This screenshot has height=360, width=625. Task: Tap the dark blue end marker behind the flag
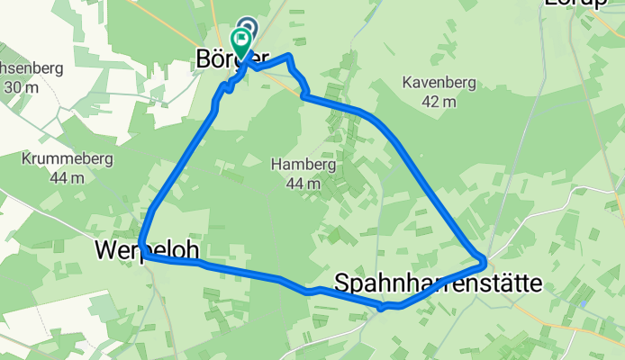[248, 29]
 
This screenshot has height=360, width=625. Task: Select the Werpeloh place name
[146, 248]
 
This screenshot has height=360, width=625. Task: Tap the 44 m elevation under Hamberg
[302, 183]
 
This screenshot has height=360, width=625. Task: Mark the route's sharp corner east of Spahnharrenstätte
[484, 262]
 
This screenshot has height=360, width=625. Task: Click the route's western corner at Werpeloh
[144, 255]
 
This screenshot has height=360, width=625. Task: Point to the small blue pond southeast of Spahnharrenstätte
[584, 304]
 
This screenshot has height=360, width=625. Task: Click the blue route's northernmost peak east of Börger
[289, 57]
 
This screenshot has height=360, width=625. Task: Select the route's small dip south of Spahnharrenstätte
[382, 308]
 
